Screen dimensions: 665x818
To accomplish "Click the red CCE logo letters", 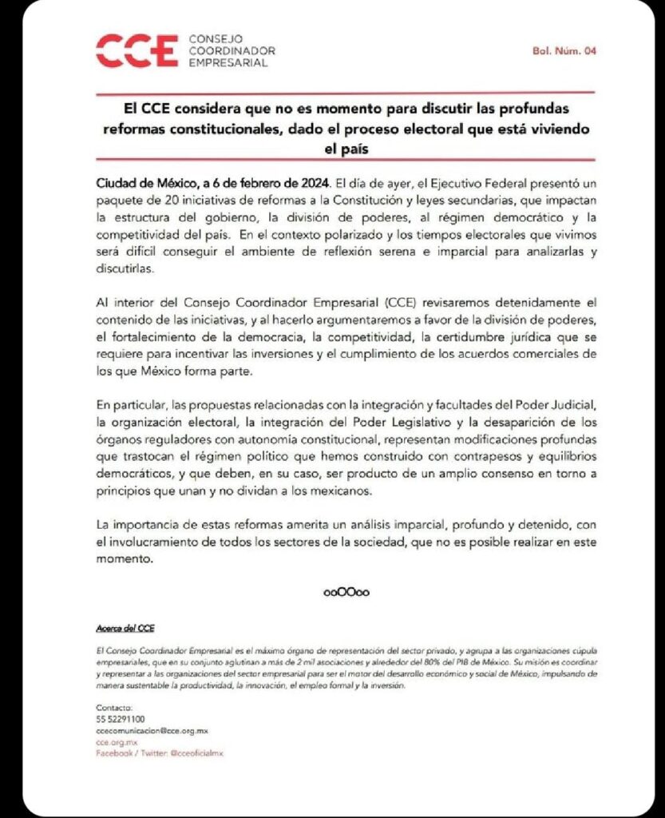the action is click(x=135, y=51).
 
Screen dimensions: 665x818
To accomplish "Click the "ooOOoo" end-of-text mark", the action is click(x=346, y=593).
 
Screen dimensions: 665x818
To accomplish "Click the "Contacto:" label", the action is click(x=111, y=708).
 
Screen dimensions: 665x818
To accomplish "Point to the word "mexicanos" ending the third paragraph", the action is click(x=344, y=491).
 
